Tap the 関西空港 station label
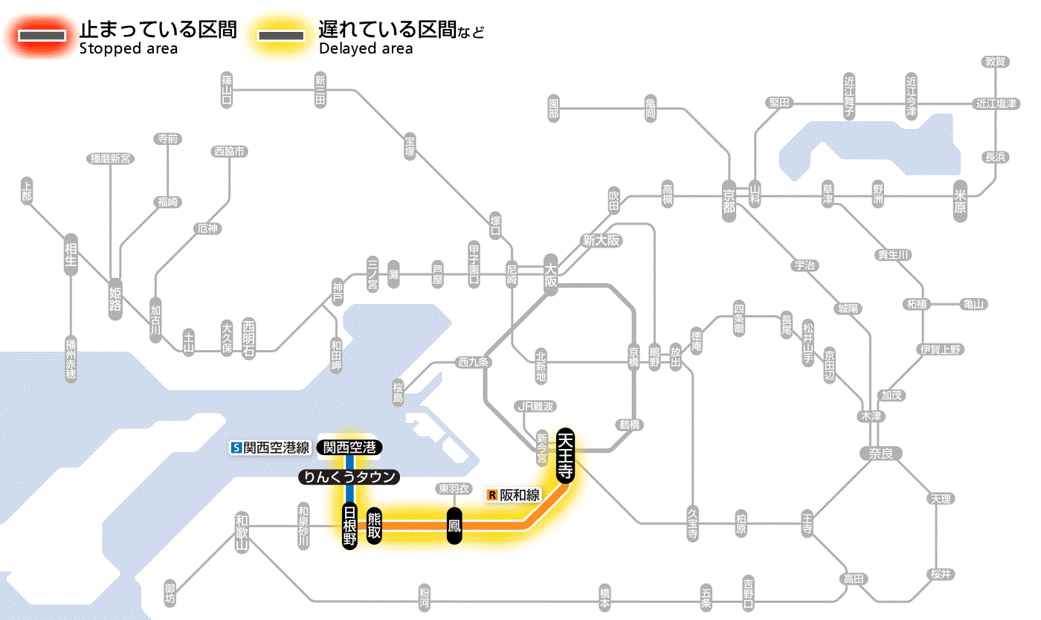(x=349, y=448)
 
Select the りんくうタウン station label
(x=349, y=477)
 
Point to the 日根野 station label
(x=349, y=526)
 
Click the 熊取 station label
(x=374, y=526)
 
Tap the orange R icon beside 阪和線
(x=492, y=495)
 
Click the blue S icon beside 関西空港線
(x=236, y=448)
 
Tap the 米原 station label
(x=961, y=201)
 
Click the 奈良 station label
(x=881, y=453)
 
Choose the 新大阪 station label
(x=601, y=240)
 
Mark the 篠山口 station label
(x=227, y=89)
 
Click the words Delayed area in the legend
(x=365, y=49)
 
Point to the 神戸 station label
(x=338, y=292)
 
